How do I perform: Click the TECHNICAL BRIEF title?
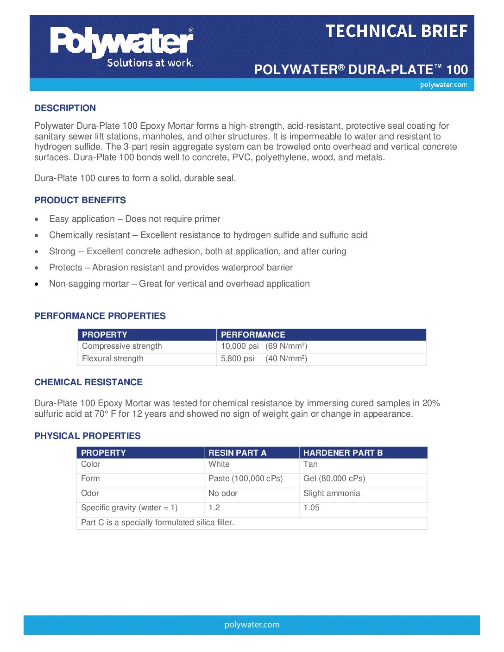click(397, 31)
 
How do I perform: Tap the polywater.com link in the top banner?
click(443, 85)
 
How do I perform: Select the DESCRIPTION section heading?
click(65, 108)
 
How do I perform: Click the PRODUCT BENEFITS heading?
click(80, 200)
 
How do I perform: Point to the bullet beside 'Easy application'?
click(37, 219)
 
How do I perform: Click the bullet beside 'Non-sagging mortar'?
click(37, 284)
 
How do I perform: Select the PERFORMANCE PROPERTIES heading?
click(100, 316)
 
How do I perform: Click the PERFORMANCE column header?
click(253, 335)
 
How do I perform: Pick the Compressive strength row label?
click(122, 346)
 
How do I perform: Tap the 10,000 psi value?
click(239, 346)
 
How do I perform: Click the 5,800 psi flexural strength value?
click(237, 359)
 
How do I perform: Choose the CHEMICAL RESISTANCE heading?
click(88, 382)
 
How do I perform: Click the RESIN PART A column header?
click(237, 453)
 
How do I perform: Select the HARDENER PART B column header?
click(343, 453)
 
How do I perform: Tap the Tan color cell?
click(310, 464)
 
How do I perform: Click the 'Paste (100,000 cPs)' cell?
click(246, 479)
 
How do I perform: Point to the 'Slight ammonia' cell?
click(332, 494)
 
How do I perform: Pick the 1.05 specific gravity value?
click(311, 508)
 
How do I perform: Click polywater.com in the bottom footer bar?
click(252, 625)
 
